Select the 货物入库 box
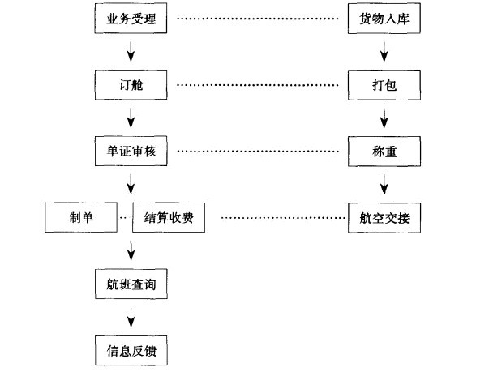(x=384, y=18)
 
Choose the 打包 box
(x=384, y=83)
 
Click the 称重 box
(x=384, y=151)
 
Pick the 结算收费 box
(x=168, y=217)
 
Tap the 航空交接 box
(x=384, y=217)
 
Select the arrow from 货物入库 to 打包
(x=384, y=51)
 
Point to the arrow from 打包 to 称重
(x=384, y=117)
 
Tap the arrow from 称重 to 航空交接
(x=384, y=184)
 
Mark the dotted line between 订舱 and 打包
(x=258, y=84)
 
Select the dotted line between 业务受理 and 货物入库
(x=258, y=18)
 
